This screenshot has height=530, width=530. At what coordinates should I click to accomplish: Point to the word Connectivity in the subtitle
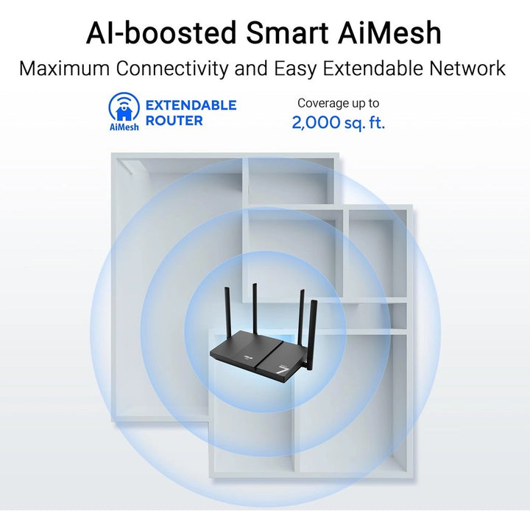pyautogui.click(x=177, y=69)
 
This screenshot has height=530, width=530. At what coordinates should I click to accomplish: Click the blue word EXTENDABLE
pyautogui.click(x=191, y=105)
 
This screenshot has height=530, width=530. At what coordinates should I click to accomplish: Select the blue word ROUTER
pyautogui.click(x=174, y=121)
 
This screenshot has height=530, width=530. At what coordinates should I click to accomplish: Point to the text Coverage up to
pyautogui.click(x=338, y=104)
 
